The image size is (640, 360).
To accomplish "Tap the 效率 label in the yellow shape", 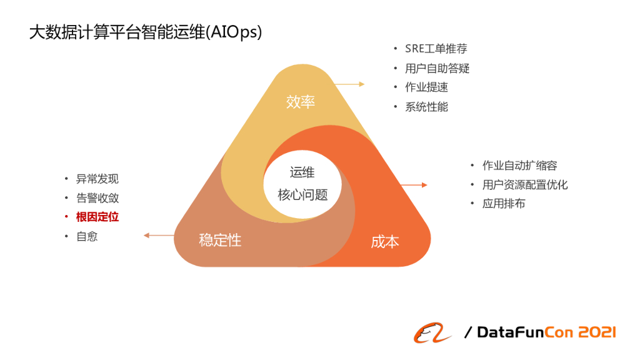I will [301, 102].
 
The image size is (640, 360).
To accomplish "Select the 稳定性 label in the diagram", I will [220, 239].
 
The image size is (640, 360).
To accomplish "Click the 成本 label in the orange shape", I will [385, 242].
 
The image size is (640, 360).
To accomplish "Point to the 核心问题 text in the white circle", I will [302, 194].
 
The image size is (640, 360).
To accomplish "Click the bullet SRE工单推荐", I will [436, 49].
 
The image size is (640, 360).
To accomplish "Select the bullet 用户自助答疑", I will [437, 68].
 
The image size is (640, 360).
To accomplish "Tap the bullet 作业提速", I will [426, 87].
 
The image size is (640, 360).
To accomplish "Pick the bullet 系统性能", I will [426, 107].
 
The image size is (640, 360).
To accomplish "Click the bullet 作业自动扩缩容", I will [519, 166].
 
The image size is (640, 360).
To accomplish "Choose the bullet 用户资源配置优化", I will [525, 185].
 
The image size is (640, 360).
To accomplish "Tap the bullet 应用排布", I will [504, 204].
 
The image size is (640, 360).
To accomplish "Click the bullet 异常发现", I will [97, 179].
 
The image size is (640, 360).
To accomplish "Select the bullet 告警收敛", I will [97, 198].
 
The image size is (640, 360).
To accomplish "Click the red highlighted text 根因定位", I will [97, 217].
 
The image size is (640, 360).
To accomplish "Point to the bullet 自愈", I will [87, 237].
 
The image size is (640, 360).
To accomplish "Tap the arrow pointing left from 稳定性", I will [159, 236].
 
